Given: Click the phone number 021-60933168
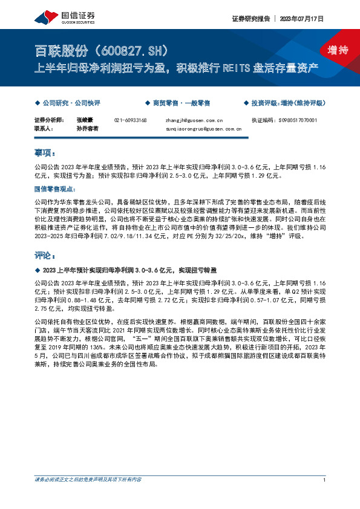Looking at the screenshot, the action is [130, 120].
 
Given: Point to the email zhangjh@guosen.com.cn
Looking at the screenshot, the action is [194, 120].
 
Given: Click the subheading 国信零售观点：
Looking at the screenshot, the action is [54, 189].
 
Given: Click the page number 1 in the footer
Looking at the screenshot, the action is [325, 479].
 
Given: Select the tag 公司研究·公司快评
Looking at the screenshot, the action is [68, 103].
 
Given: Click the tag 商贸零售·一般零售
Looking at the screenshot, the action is [182, 103].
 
